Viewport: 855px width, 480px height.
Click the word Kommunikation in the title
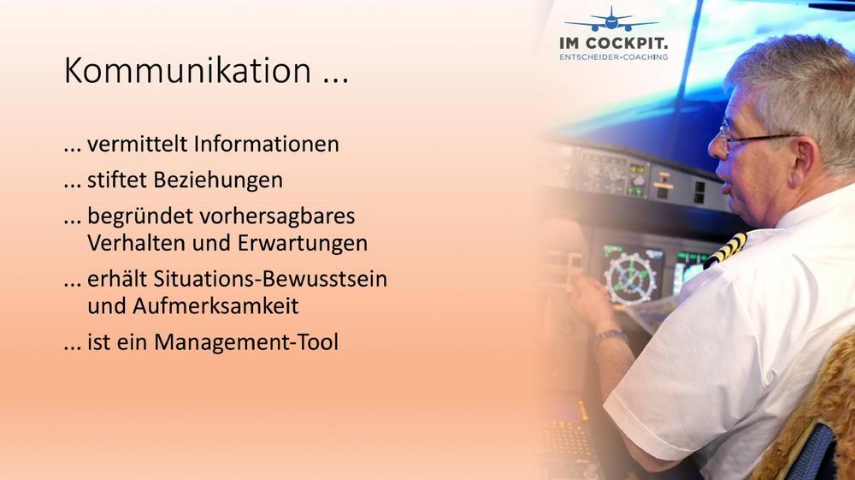coord(187,70)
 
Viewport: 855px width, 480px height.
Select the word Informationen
coord(267,144)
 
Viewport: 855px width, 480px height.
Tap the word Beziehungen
coord(218,181)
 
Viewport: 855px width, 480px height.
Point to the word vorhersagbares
coord(276,216)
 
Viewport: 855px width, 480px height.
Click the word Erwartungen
coord(303,244)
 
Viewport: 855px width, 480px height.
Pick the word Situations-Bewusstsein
coord(270,279)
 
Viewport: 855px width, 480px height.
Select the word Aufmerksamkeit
coord(215,306)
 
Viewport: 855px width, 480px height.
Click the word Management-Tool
coord(246,342)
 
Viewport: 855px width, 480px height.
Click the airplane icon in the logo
coord(612,20)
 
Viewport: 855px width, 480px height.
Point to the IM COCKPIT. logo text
coord(613,43)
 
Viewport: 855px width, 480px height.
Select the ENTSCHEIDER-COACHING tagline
coord(613,56)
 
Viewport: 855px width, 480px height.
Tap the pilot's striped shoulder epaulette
coord(726,251)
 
